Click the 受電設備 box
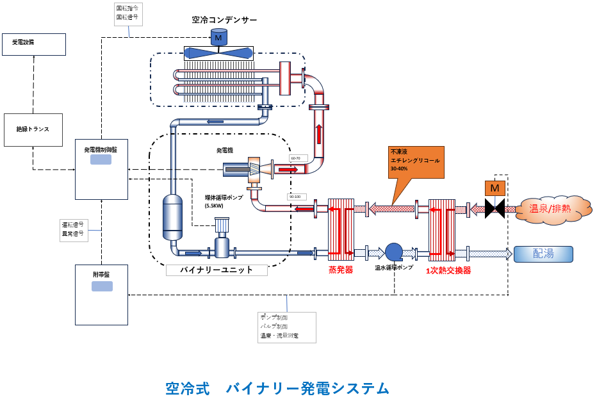tap(33, 44)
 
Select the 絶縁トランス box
tap(33, 129)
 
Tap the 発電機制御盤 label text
tap(101, 149)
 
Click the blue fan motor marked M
tap(218, 38)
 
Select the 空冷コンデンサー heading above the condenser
tap(224, 20)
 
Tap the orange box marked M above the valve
tap(495, 188)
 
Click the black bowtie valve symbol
tap(495, 208)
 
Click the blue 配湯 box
tap(543, 254)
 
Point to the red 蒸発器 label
tap(340, 271)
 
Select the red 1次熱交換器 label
tap(448, 271)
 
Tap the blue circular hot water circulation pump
tap(393, 252)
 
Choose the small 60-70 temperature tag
tap(298, 158)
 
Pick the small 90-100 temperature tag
tap(297, 197)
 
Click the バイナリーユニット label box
tap(217, 270)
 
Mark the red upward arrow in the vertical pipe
tap(318, 134)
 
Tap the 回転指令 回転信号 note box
tap(128, 13)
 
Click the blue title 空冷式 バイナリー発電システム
tap(277, 388)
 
